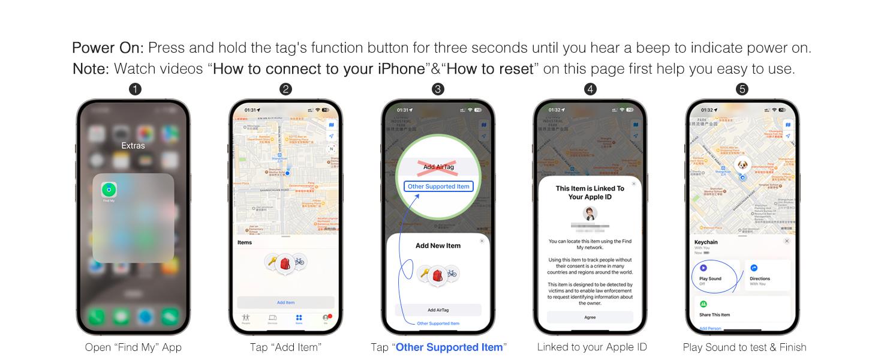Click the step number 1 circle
[x=136, y=89]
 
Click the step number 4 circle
[x=591, y=89]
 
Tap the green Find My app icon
[x=109, y=190]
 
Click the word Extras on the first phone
[x=133, y=146]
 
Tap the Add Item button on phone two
[x=285, y=302]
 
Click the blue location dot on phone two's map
[x=287, y=173]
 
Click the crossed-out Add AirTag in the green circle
[x=438, y=167]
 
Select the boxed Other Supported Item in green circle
[x=438, y=187]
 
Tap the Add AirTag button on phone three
[x=438, y=310]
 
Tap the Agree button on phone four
[x=590, y=317]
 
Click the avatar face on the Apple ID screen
[x=590, y=214]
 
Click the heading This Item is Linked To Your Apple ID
[x=590, y=193]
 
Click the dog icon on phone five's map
[x=742, y=165]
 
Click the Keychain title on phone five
[x=706, y=242]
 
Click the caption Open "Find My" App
[x=133, y=347]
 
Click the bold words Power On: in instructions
[x=107, y=48]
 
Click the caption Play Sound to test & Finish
[x=744, y=347]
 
